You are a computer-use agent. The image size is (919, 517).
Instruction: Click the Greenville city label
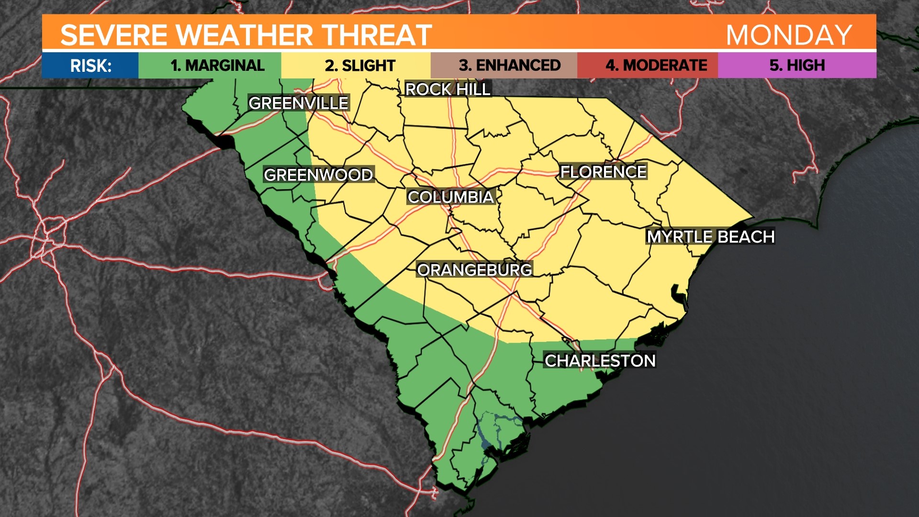298,103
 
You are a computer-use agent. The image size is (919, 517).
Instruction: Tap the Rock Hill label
448,89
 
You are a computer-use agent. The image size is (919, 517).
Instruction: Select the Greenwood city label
318,175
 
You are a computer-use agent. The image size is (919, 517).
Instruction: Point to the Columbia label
450,197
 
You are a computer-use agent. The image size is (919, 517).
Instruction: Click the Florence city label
603,172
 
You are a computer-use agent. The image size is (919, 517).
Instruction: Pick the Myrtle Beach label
710,236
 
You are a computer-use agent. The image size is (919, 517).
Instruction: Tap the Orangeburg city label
474,270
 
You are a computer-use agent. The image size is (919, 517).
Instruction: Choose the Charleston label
600,360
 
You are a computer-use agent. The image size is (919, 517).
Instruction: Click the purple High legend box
797,65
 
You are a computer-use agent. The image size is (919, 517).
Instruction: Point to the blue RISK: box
90,65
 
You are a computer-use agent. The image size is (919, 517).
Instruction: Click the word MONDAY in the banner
789,35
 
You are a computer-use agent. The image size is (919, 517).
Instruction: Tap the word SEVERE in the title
113,35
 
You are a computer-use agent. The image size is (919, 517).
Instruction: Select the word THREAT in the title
377,35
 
